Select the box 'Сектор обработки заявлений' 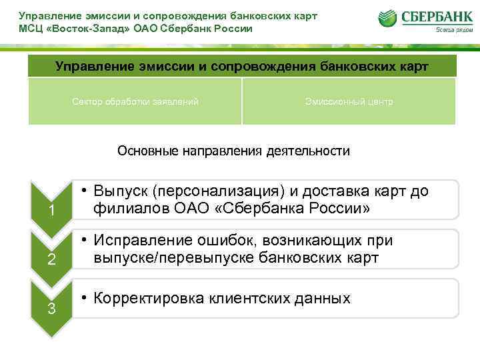(x=135, y=102)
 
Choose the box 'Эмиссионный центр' (x=349, y=102)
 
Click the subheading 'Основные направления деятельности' (x=233, y=151)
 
